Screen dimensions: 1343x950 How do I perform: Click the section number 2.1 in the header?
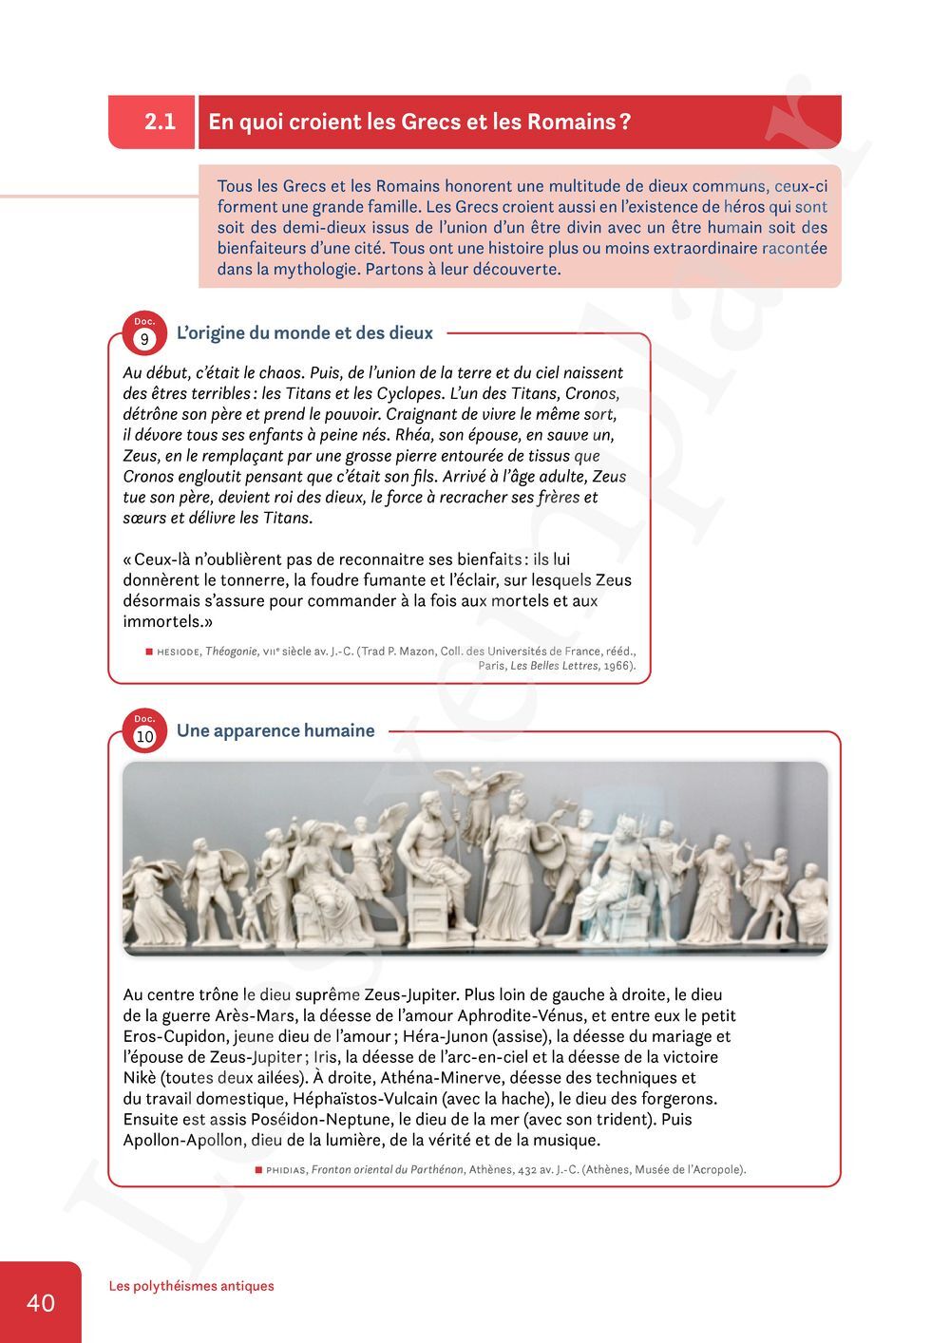click(160, 122)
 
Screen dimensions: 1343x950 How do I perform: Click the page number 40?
click(41, 1302)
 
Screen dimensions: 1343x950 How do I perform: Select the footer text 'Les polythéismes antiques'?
click(191, 1286)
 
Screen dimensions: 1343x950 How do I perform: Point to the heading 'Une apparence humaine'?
click(275, 730)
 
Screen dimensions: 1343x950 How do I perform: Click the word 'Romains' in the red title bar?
click(570, 122)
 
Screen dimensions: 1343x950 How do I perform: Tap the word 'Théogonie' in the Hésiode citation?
click(231, 652)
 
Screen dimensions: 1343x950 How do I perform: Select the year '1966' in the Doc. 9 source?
click(617, 666)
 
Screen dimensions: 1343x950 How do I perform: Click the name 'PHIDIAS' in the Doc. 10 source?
click(286, 1170)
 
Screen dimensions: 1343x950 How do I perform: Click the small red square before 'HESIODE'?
click(149, 652)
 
